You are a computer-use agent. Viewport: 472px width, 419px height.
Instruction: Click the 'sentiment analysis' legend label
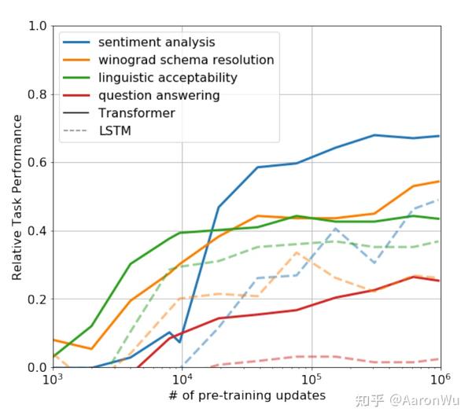click(x=157, y=42)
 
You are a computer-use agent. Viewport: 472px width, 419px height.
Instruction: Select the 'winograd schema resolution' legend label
click(x=186, y=60)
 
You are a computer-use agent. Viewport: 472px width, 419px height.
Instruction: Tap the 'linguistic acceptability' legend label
click(x=168, y=78)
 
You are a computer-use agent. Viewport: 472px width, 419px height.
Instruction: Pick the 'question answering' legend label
click(x=159, y=96)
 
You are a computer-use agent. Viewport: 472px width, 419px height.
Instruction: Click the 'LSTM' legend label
click(x=115, y=131)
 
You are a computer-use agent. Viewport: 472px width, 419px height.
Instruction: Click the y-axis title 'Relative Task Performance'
click(x=17, y=197)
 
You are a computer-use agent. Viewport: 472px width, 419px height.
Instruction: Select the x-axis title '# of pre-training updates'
click(x=246, y=395)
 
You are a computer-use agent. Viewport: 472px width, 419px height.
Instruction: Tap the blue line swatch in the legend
click(x=78, y=42)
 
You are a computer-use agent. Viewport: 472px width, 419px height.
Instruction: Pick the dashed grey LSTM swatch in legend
click(x=78, y=131)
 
